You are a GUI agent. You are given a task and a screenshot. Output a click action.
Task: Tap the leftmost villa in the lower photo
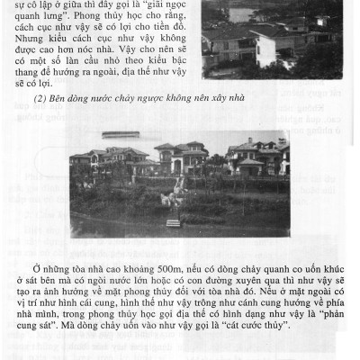coord(104,160)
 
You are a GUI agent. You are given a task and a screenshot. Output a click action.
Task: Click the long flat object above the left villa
coord(121,134)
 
